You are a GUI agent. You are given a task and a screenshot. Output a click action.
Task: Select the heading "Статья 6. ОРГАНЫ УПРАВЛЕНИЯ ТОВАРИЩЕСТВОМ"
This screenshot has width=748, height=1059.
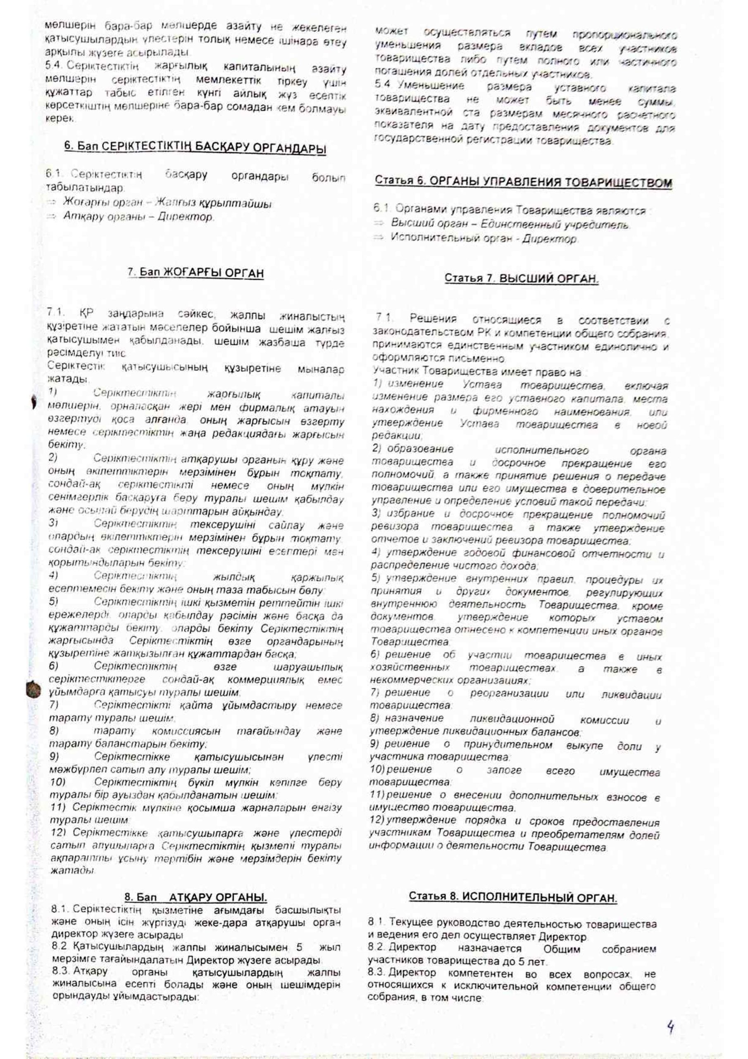[x=523, y=181]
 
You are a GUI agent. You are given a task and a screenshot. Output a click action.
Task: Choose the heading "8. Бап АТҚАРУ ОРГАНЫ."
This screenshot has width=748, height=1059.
[x=196, y=897]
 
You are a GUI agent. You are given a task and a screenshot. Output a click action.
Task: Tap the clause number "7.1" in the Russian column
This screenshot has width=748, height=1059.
[x=384, y=318]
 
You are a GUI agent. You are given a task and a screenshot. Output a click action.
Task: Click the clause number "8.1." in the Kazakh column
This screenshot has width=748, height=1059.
[x=60, y=910]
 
